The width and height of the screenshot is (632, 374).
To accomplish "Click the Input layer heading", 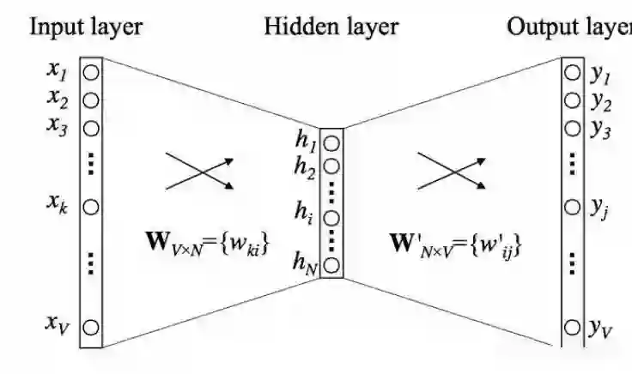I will click(x=86, y=26).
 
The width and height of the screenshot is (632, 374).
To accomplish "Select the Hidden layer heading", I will click(x=331, y=26).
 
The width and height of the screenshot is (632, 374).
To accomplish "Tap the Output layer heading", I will click(x=569, y=26).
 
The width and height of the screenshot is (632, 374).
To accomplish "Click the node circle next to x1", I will click(x=91, y=72).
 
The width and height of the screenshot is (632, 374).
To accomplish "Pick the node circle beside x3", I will click(x=91, y=127).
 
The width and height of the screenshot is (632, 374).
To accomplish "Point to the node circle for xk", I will click(x=91, y=207).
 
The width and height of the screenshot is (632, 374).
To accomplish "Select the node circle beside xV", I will click(x=91, y=326).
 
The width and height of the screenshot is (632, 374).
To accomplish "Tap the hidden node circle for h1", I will click(x=332, y=141).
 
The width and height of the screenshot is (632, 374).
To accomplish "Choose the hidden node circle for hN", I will click(x=332, y=264).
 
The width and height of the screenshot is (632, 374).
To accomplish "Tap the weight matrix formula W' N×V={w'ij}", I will click(x=457, y=246).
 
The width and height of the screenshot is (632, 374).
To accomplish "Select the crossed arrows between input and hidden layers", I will click(x=198, y=171).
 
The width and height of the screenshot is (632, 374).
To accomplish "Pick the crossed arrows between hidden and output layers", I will click(x=452, y=171).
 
